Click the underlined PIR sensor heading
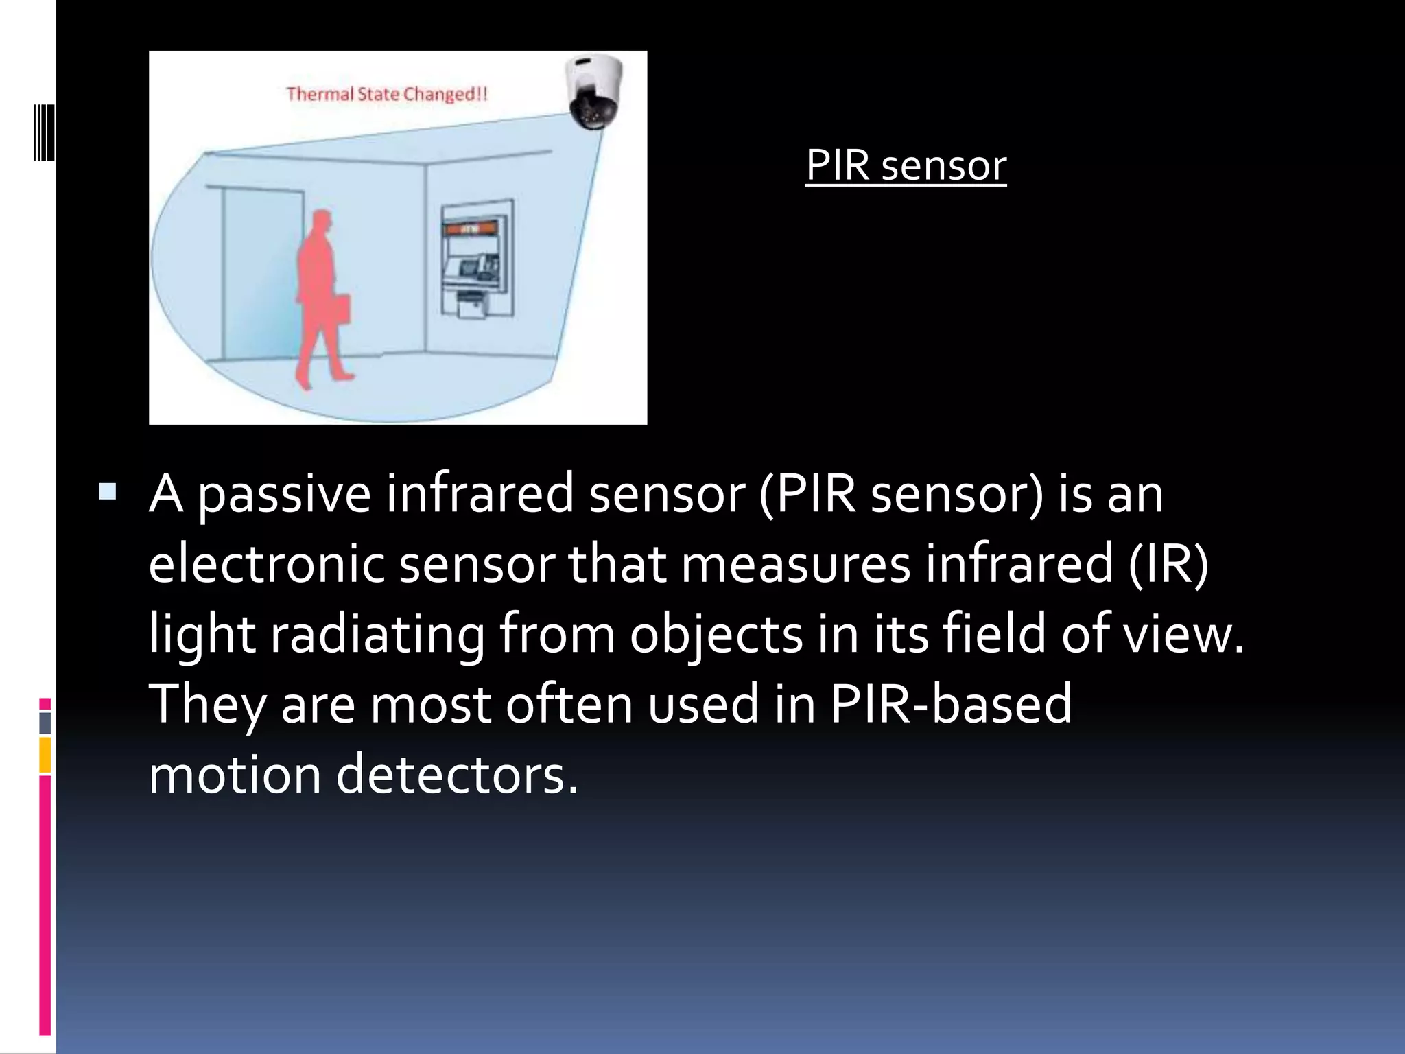click(906, 165)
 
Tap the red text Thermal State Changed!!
click(386, 94)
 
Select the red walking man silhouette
click(320, 295)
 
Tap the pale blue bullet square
click(108, 492)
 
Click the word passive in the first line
click(284, 494)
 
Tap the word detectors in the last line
click(457, 775)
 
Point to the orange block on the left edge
click(45, 755)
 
